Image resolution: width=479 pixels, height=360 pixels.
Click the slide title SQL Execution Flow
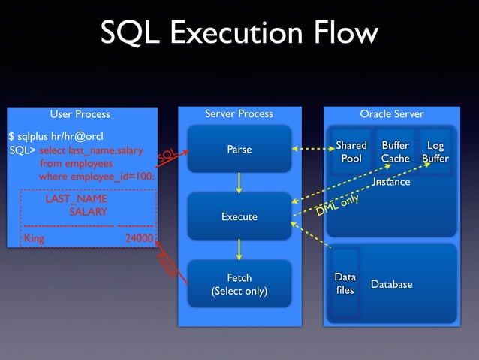point(239,33)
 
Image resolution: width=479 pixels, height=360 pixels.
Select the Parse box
point(239,150)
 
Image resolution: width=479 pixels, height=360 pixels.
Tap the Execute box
point(239,216)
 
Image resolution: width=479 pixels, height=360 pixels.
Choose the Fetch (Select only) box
point(239,284)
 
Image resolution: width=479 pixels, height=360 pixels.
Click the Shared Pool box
point(351,152)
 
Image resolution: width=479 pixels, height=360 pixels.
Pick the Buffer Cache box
point(395,152)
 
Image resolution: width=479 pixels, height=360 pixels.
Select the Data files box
point(345,283)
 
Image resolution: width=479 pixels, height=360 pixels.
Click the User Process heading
point(80,114)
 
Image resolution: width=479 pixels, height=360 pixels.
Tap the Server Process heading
point(239,114)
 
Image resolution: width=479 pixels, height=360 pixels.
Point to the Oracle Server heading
point(392,114)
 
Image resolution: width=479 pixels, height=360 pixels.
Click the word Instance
point(391,182)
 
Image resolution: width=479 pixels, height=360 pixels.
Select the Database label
point(392,284)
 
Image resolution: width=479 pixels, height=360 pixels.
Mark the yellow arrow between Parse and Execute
point(239,183)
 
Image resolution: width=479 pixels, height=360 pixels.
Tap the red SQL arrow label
point(167,156)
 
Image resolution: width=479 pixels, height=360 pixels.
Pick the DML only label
point(337,205)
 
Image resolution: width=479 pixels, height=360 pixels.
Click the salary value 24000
point(139,238)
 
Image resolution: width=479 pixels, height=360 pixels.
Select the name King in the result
point(35,238)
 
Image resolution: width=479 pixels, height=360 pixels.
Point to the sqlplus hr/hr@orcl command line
point(56,136)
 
